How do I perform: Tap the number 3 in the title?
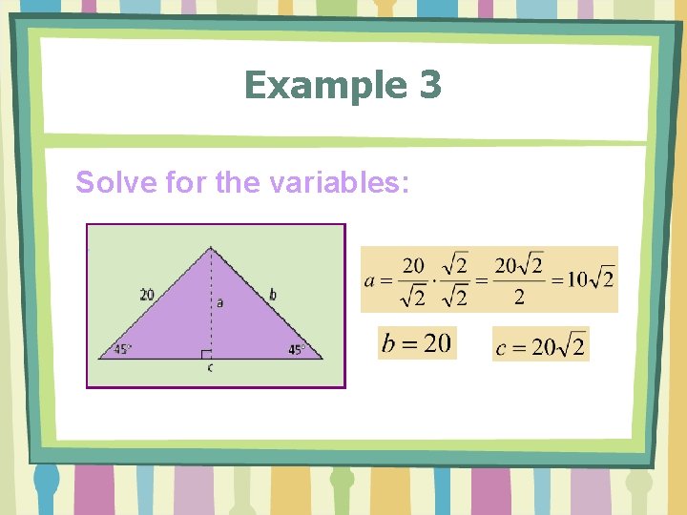(430, 86)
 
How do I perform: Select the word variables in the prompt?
(335, 181)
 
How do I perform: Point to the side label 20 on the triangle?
(146, 295)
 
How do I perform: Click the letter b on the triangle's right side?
(273, 295)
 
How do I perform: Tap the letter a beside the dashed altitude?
(219, 302)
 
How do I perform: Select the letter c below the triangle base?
(210, 367)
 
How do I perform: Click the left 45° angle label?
(122, 350)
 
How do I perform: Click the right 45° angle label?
(296, 350)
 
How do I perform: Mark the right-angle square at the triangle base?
(206, 355)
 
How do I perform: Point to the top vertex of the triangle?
(211, 248)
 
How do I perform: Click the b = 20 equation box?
(417, 343)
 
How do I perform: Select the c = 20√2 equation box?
(541, 345)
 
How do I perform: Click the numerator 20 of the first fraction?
(413, 263)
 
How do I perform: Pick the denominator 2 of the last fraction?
(519, 298)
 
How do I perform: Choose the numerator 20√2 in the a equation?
(519, 264)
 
